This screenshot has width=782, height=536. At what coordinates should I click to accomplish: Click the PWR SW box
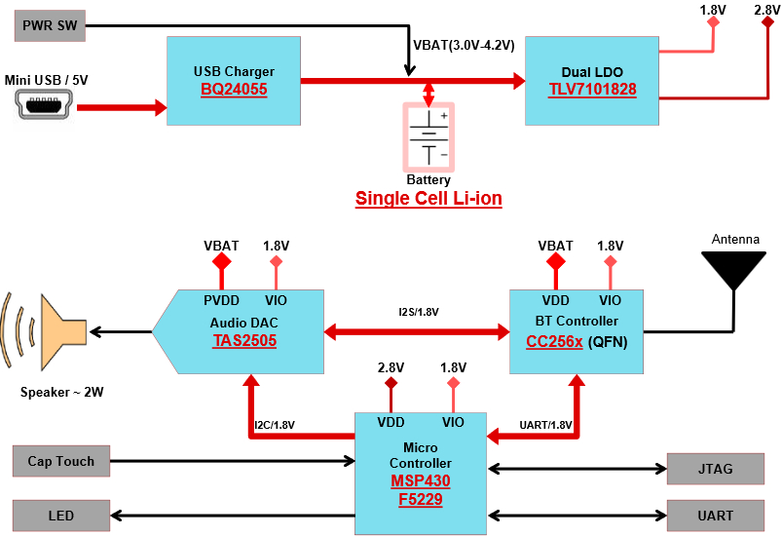50,25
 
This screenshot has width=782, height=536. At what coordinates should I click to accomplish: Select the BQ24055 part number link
234,90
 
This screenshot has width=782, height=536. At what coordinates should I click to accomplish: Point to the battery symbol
428,137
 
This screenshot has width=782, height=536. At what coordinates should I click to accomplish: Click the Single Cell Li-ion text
428,199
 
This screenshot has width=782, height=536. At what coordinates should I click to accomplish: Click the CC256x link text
556,341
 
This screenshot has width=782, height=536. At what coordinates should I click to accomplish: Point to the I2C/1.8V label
275,425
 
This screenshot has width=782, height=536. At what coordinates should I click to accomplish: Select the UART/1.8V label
545,425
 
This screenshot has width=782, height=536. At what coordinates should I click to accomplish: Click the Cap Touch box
60,462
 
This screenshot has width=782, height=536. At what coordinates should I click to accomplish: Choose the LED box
60,516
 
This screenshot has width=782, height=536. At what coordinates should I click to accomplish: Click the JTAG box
716,470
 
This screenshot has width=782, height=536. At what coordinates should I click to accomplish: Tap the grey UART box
716,516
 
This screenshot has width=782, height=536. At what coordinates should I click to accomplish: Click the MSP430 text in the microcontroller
421,481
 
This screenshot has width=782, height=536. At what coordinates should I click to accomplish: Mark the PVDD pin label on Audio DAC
220,301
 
